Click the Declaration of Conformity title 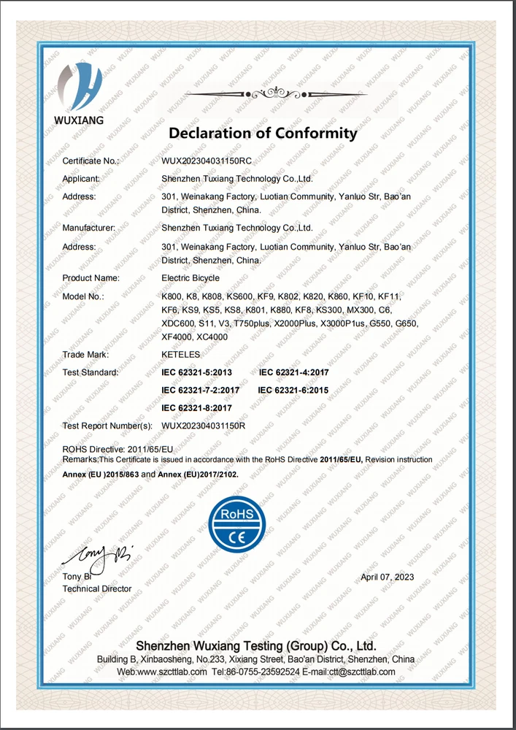263,133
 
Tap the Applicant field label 81,178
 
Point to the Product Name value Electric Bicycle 190,278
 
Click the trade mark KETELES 180,355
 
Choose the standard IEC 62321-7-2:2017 200,391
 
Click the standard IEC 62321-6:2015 293,391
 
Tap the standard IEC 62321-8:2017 196,408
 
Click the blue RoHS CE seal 237,524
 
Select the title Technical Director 97,588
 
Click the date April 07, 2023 388,576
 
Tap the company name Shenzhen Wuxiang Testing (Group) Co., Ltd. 256,646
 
